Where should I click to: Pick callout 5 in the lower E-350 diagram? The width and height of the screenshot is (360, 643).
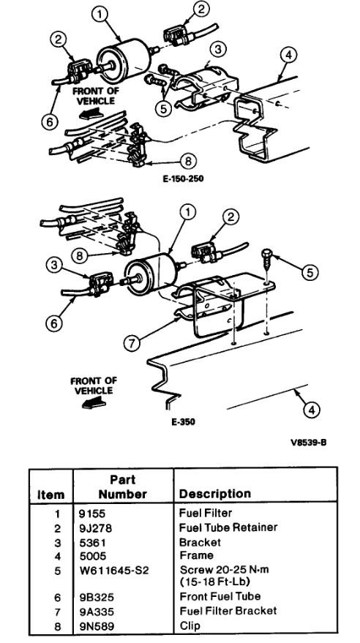pyautogui.click(x=311, y=272)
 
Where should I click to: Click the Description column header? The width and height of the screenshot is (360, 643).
pyautogui.click(x=215, y=494)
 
